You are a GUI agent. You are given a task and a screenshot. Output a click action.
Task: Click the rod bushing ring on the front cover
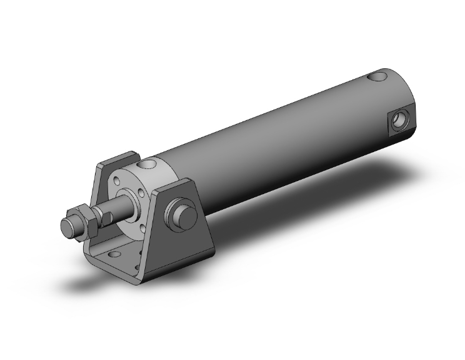134,204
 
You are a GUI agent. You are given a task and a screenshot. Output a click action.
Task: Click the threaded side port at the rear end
399,118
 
